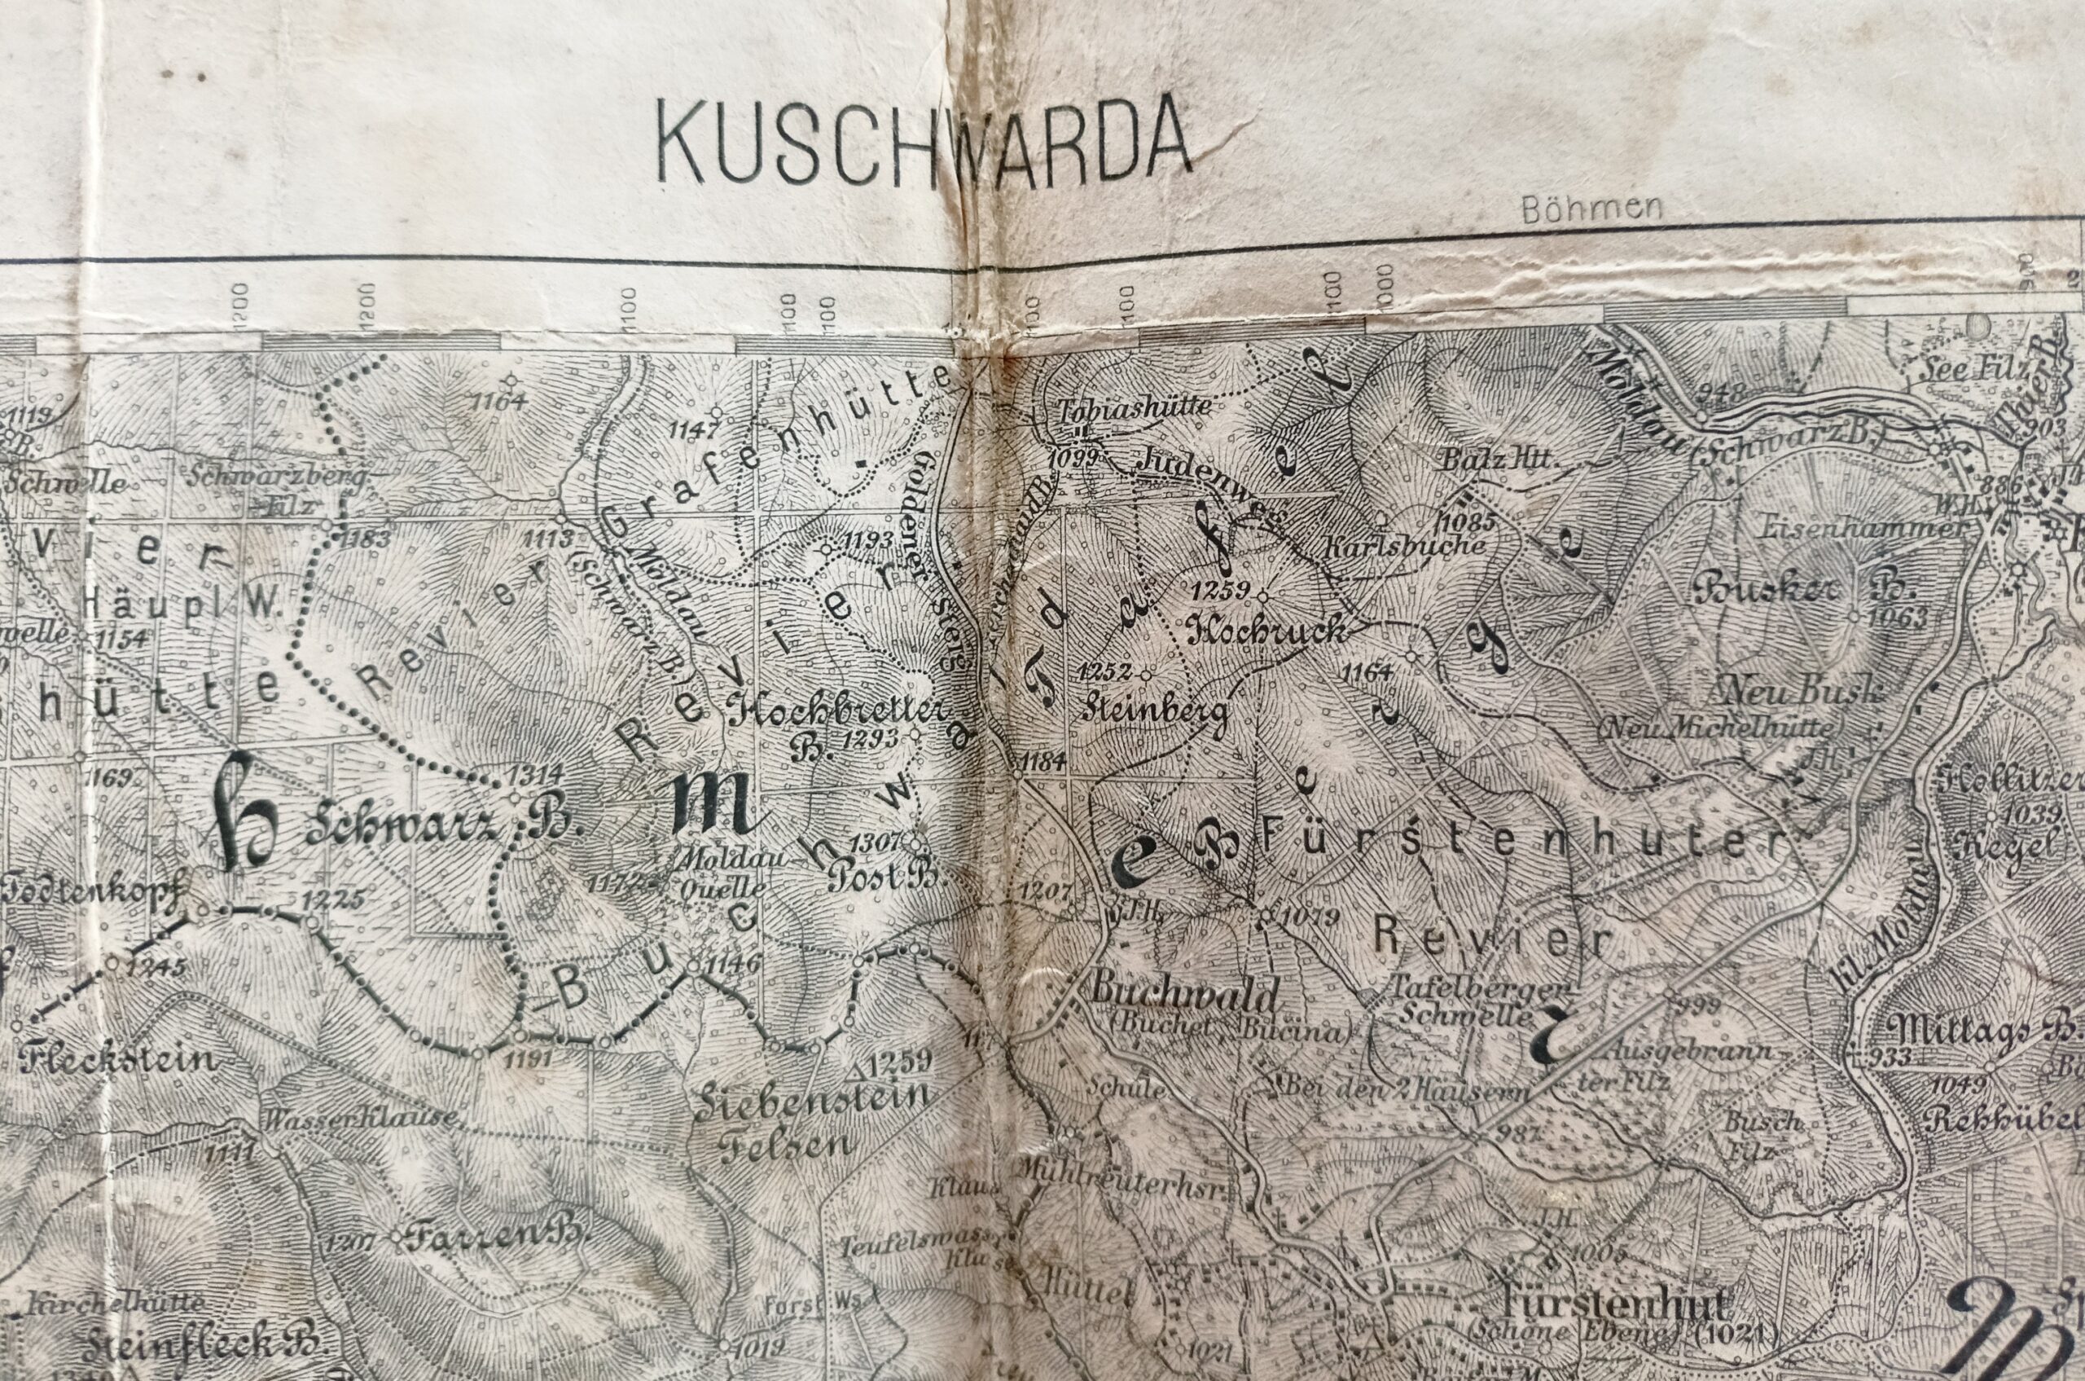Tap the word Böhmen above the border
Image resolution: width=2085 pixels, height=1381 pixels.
pyautogui.click(x=1591, y=209)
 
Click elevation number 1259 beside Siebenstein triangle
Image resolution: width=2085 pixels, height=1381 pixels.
pyautogui.click(x=898, y=1062)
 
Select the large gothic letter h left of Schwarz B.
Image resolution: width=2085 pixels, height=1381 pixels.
pyautogui.click(x=247, y=811)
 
